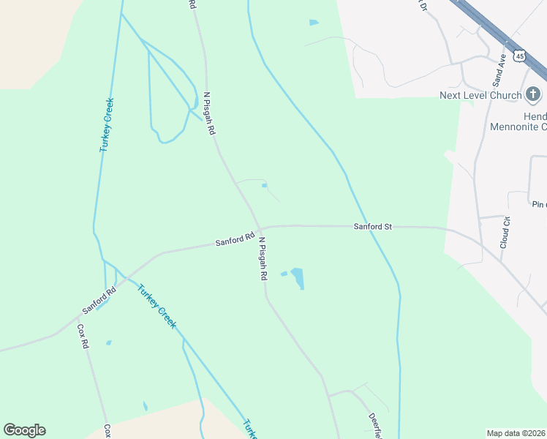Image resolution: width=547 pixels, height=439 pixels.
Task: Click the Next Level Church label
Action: pos(480,95)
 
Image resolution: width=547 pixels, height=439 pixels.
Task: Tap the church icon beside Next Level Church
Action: pos(534,94)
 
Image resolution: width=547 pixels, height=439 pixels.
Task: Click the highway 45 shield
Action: pos(519,56)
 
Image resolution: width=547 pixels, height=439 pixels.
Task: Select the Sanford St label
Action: pos(373,227)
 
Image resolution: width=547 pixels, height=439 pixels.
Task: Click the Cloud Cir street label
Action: pos(505,233)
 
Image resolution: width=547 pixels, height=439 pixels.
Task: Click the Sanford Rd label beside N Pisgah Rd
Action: pos(235,239)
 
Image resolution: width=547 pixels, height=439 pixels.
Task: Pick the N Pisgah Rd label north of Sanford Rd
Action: pos(210,113)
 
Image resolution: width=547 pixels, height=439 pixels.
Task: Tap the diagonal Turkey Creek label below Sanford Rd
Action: pos(156,306)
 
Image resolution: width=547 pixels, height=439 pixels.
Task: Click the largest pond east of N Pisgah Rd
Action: pos(297,278)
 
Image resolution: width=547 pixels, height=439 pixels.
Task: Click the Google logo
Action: pos(24,430)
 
